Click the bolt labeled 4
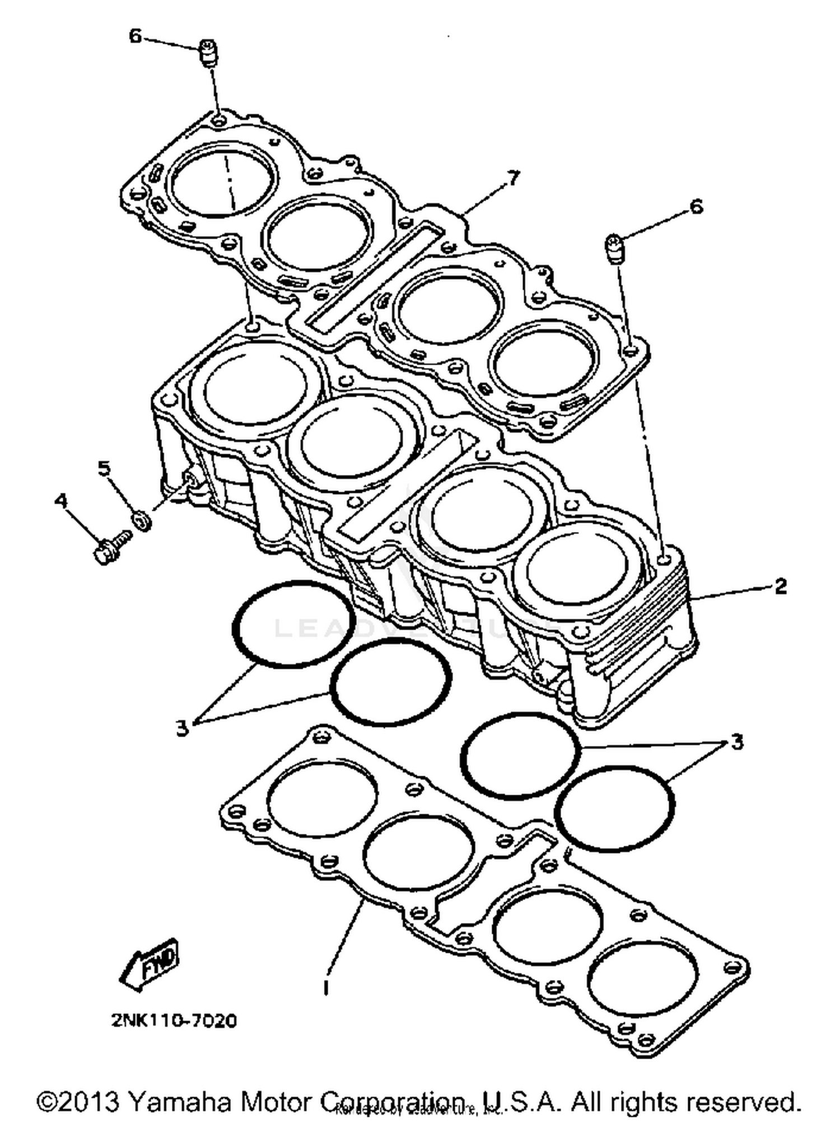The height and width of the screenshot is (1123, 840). coord(110,547)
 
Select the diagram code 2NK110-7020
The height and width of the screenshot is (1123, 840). coord(174,1021)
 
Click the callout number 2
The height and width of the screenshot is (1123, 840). coord(781,586)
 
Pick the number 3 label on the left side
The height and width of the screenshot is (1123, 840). coord(181,728)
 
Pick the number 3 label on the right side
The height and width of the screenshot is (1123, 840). coord(737,742)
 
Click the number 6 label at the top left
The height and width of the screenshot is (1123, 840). coord(135,36)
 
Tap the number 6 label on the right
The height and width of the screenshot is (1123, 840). coord(696,207)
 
